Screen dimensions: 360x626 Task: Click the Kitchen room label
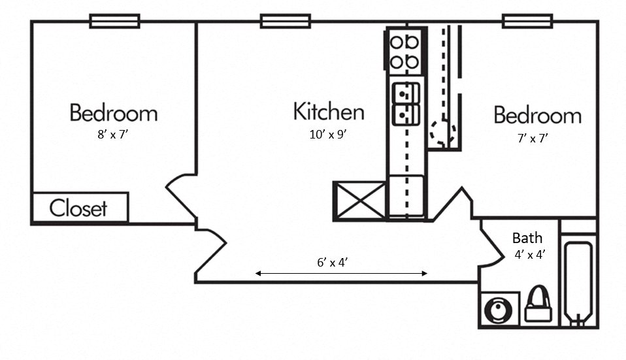tap(328, 112)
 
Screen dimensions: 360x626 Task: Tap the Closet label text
tap(78, 208)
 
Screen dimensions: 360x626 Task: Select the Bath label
tap(526, 238)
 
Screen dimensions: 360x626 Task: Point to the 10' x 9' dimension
tap(328, 135)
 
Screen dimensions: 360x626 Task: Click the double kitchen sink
tap(404, 105)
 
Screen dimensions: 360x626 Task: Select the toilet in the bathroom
tap(538, 305)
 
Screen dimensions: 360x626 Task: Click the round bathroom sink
tap(501, 308)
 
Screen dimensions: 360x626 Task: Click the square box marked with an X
tap(359, 201)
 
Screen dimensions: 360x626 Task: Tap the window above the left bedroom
tap(114, 22)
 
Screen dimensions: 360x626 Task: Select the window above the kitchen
tap(285, 22)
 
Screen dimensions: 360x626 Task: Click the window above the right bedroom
tap(528, 22)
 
